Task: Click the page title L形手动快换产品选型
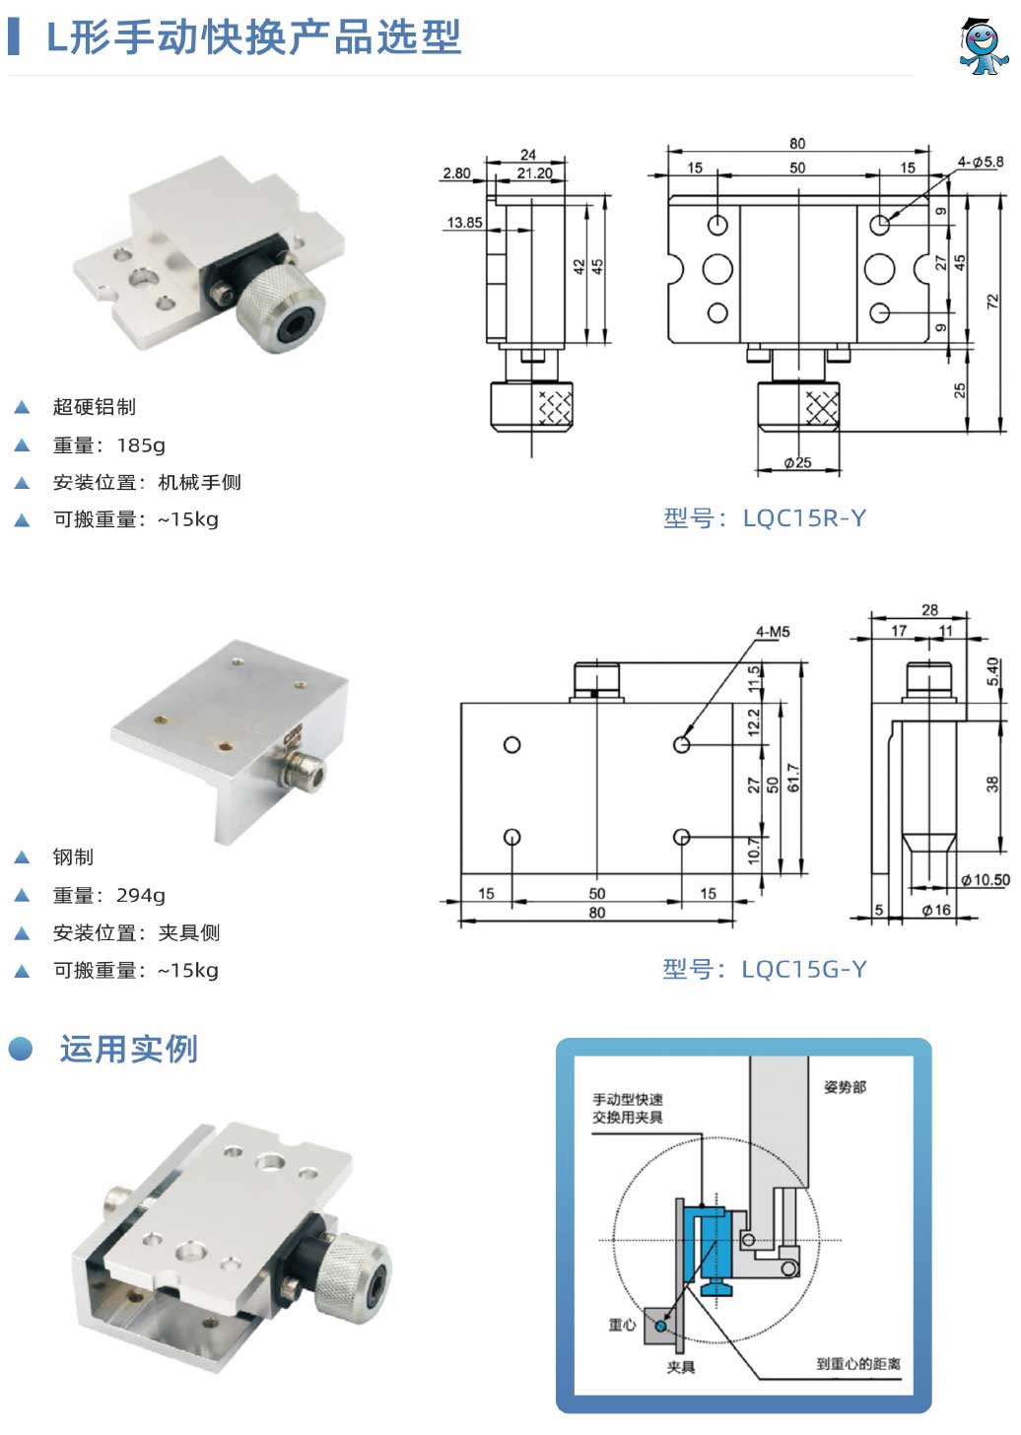[254, 37]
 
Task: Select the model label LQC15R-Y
[765, 518]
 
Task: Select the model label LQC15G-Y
[765, 970]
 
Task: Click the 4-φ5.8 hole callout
[980, 162]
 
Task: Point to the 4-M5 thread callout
[773, 632]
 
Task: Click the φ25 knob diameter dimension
[797, 462]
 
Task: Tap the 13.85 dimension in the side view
[464, 223]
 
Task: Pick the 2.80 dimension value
[456, 173]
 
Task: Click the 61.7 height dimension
[793, 778]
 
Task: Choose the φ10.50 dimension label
[987, 880]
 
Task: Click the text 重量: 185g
[108, 445]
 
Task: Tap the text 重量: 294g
[108, 896]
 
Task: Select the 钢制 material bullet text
[73, 857]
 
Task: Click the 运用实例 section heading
[128, 1050]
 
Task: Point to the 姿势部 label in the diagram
[845, 1087]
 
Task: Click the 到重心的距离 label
[857, 1364]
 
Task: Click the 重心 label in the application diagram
[622, 1325]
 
